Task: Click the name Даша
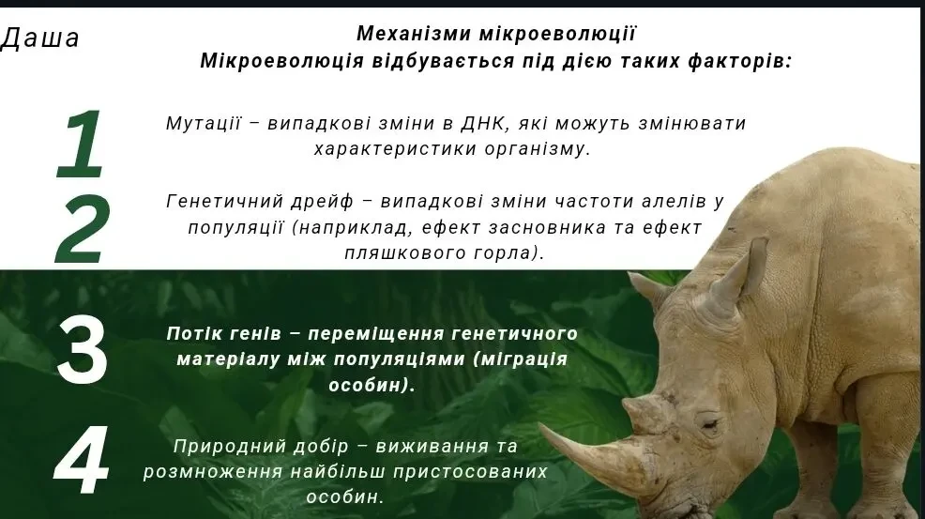[41, 38]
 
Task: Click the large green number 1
[81, 144]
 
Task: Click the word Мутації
[204, 124]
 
